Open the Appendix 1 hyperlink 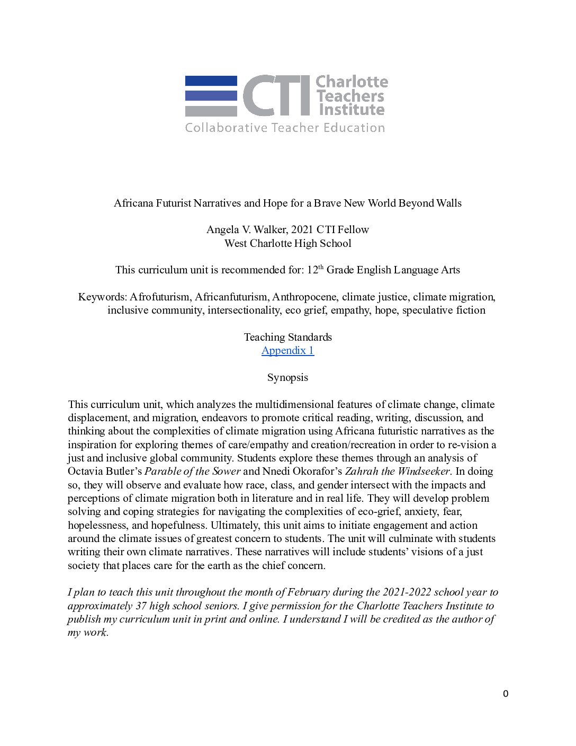coord(287,350)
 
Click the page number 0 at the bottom coord(506,694)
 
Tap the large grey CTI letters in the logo coord(276,95)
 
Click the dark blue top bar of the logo coord(211,81)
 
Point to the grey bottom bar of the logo coord(211,111)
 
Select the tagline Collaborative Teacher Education coord(285,128)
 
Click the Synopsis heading coord(287,377)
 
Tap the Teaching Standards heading coord(287,337)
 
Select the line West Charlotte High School coord(287,243)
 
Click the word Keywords coord(102,297)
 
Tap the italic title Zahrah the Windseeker coord(397,471)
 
